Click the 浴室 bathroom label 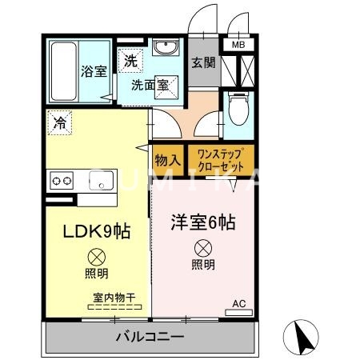[x=93, y=72]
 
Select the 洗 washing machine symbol [x=129, y=58]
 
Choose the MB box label [x=239, y=45]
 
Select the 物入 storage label [x=167, y=161]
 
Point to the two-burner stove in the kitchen [x=62, y=180]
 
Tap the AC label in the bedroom [x=238, y=304]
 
